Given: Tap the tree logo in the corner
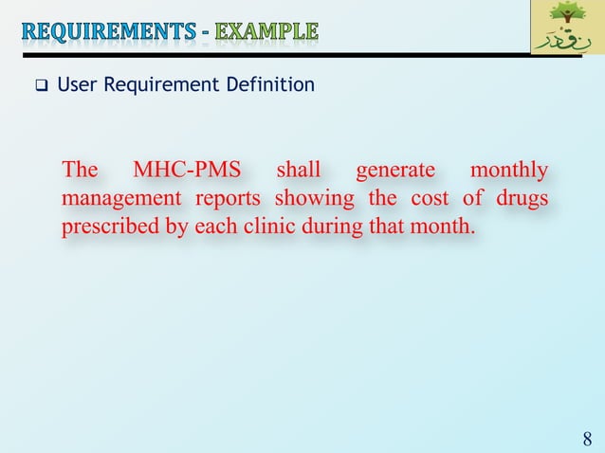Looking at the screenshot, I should point(566,27).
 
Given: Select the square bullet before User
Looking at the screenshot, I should point(43,87).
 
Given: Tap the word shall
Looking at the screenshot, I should point(298,171).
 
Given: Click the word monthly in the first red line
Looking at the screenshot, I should point(509,171).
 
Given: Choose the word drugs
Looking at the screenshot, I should point(521,199).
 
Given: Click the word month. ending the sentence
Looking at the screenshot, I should point(442,227).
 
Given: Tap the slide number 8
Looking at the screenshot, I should point(587,439).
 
